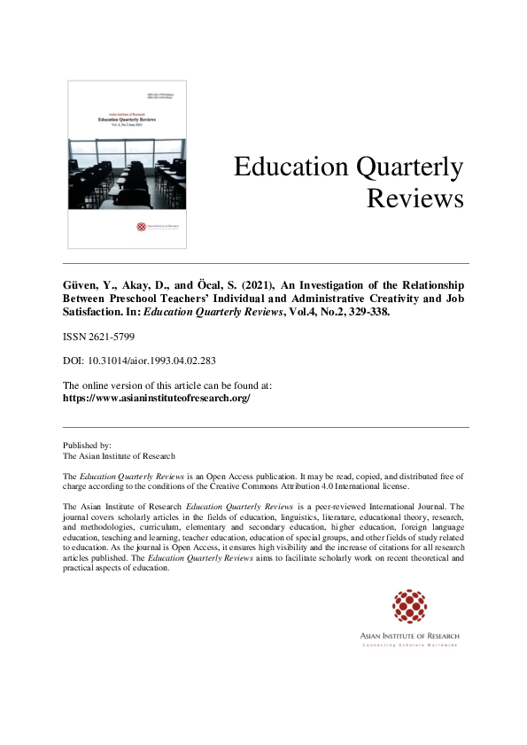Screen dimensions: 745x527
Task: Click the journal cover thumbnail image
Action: [x=127, y=165]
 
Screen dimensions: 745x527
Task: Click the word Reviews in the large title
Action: [x=415, y=198]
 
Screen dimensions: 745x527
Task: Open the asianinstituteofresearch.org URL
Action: [x=157, y=399]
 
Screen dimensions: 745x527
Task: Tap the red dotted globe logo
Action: [x=409, y=607]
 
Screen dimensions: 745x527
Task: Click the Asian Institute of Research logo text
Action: [x=409, y=635]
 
